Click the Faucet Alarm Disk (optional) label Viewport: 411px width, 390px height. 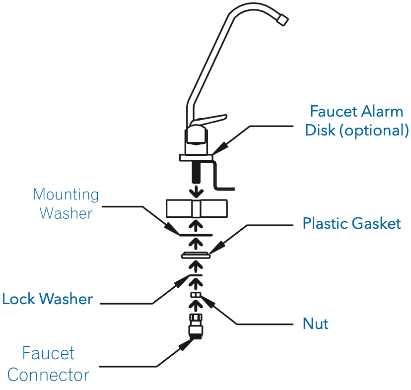tap(356, 120)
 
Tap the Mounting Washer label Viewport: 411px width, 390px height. tap(66, 203)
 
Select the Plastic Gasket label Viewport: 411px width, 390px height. tap(351, 223)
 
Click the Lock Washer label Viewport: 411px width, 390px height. tap(48, 299)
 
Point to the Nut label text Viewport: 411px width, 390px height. tap(316, 324)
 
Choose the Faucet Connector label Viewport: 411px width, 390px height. tap(49, 364)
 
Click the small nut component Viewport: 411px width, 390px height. tap(196, 296)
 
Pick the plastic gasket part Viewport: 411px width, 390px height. tap(196, 256)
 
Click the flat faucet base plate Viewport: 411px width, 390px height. tap(197, 157)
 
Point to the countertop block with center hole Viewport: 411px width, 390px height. tap(197, 208)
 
